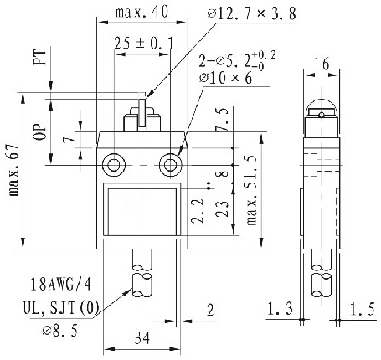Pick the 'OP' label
click(39, 135)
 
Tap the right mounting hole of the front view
click(172, 162)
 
